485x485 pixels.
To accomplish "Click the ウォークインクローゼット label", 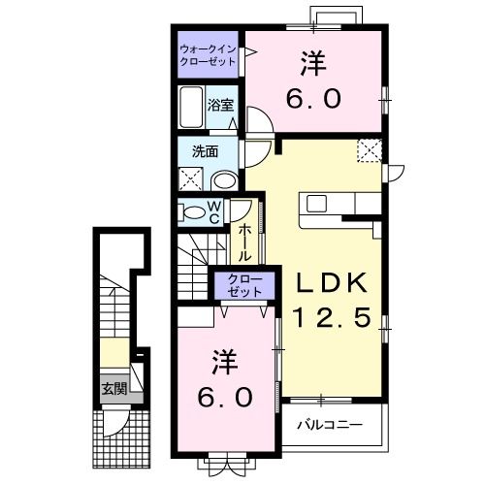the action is (208, 55).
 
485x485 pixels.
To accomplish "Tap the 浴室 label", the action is (220, 105).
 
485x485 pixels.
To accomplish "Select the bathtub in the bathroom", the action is (191, 107).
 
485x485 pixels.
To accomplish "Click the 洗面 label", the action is (205, 151).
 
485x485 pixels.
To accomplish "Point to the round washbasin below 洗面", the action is (224, 181).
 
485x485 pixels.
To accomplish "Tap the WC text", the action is (214, 211).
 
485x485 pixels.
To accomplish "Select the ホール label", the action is (244, 243).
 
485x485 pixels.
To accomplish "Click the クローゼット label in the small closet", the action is (244, 285).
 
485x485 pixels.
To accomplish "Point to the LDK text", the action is (333, 283).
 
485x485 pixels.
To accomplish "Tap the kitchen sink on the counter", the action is (316, 204).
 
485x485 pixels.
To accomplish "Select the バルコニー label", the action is (330, 425).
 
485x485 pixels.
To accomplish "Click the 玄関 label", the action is (113, 388).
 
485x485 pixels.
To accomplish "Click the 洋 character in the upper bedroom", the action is (313, 64).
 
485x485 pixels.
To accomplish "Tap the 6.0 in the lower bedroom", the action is (225, 398).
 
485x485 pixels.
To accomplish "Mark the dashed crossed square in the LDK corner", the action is (370, 150).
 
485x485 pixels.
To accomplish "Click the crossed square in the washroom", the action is (191, 178).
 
